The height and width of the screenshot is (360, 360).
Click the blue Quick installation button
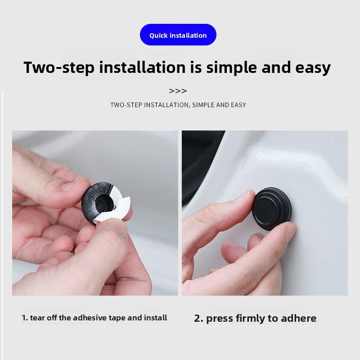click(178, 35)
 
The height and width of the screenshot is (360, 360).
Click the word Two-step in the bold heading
click(58, 67)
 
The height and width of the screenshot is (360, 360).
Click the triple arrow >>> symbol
click(178, 91)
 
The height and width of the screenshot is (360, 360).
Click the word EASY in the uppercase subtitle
click(237, 105)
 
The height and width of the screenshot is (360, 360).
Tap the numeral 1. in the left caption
click(25, 318)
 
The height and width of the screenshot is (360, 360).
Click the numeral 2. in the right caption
click(199, 319)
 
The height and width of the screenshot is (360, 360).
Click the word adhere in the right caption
click(299, 319)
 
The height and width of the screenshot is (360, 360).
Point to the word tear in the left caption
click(37, 318)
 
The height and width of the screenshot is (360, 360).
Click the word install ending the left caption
click(156, 318)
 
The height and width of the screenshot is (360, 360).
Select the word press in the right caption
click(219, 319)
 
